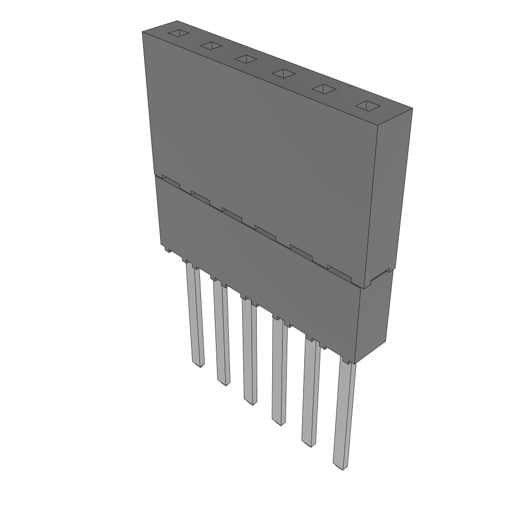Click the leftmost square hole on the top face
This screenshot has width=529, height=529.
coord(177,34)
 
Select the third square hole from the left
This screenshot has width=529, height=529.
coord(246,59)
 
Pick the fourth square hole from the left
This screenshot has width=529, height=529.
coord(284,73)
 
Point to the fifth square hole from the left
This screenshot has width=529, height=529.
coord(323,89)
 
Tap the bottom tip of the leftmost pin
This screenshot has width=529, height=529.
coord(199,365)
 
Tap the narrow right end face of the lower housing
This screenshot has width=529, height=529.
coord(373,318)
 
